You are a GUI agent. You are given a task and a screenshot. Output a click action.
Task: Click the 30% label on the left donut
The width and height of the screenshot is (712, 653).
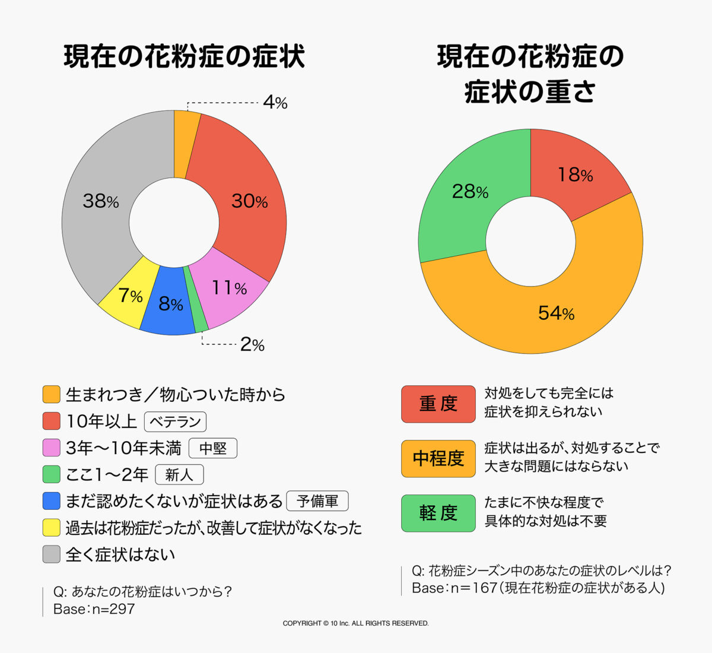249,201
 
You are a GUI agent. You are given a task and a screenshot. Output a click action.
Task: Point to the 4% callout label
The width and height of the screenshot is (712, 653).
275,103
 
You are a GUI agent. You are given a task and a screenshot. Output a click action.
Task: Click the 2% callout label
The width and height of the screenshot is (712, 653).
252,344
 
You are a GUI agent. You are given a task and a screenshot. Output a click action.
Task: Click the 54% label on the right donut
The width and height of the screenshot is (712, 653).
556,313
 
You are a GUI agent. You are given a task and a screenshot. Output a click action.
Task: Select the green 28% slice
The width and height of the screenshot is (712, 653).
463,202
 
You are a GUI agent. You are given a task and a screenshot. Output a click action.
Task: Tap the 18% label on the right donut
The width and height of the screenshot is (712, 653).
575,175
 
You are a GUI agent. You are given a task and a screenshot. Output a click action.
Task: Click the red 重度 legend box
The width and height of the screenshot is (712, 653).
438,404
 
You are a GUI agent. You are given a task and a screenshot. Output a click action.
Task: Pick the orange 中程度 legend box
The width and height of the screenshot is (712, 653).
438,458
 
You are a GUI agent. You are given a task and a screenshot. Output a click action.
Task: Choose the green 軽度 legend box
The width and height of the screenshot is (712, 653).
438,513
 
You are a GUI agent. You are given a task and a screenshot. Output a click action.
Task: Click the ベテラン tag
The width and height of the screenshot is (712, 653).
175,421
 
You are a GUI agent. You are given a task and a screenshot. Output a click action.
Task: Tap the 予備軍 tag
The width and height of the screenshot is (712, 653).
317,501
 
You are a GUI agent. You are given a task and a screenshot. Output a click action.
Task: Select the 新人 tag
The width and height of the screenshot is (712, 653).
179,475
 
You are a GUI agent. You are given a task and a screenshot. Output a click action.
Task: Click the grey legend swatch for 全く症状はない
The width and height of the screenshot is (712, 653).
52,554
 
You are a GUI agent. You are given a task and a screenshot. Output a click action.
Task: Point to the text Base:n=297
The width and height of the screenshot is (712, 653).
94,609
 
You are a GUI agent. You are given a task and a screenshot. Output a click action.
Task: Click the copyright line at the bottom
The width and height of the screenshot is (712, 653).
355,623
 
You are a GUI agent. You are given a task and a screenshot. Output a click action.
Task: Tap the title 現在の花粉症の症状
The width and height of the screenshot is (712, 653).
184,57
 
